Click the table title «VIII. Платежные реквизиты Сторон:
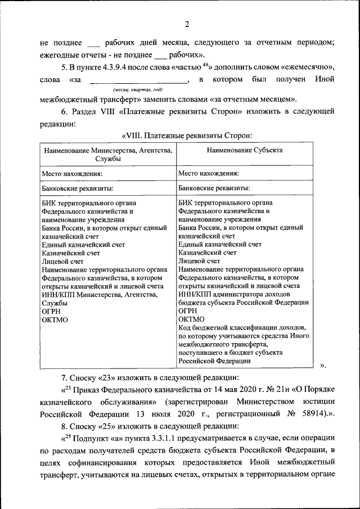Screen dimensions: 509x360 click(186, 136)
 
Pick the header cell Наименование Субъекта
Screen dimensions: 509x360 click(244, 150)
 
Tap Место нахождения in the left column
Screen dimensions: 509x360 click(72, 173)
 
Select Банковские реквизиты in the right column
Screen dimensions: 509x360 click(214, 188)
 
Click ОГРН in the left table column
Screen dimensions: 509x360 click(51, 311)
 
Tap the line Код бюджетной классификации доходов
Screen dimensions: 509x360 click(241, 327)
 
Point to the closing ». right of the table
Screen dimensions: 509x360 click(323, 366)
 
